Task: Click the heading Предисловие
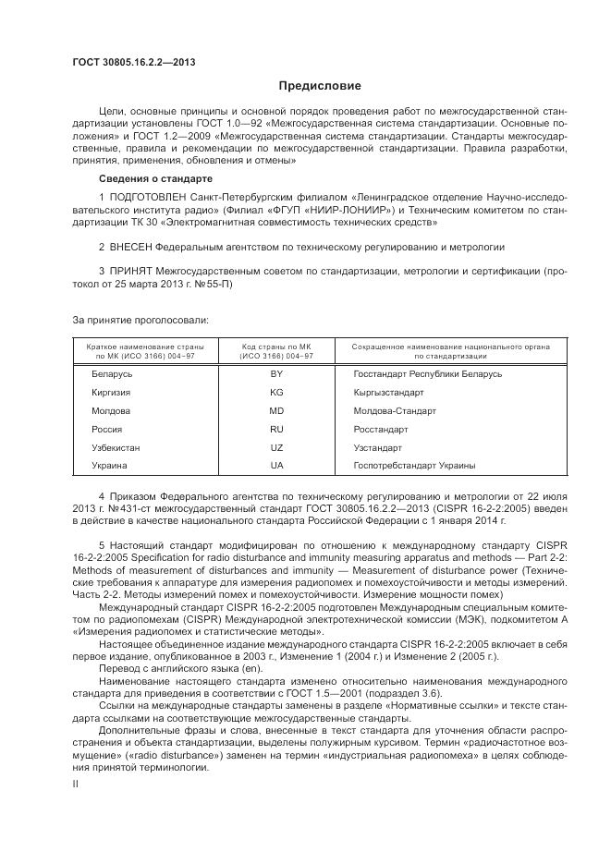(x=320, y=86)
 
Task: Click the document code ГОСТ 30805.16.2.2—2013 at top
(x=133, y=63)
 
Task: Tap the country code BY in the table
(x=276, y=374)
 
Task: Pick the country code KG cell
(x=276, y=393)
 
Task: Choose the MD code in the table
(x=276, y=410)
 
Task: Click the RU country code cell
(x=276, y=430)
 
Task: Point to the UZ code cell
(x=276, y=447)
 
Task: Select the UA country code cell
(x=276, y=466)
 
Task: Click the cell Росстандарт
(x=380, y=430)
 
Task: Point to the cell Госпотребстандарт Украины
(x=414, y=466)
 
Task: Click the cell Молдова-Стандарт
(x=395, y=410)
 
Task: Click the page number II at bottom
(x=76, y=783)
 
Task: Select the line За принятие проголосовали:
(x=140, y=320)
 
